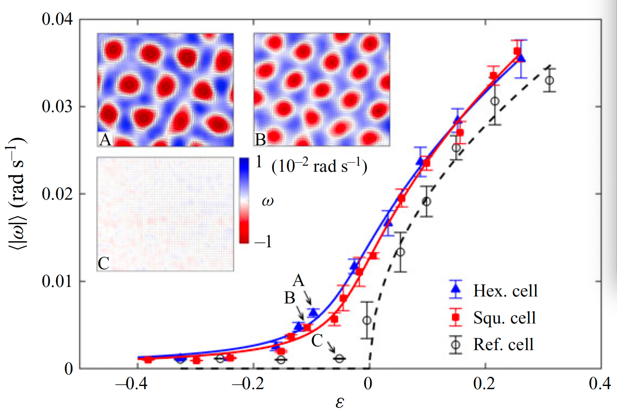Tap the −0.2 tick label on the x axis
pyautogui.click(x=248, y=383)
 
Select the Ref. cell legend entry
pyautogui.click(x=503, y=345)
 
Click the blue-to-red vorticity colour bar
pyautogui.click(x=244, y=200)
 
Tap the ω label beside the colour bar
pyautogui.click(x=268, y=201)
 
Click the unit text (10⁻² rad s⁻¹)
pyautogui.click(x=319, y=166)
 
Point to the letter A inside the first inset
pyautogui.click(x=105, y=140)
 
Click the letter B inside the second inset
pyautogui.click(x=260, y=140)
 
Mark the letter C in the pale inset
pyautogui.click(x=103, y=263)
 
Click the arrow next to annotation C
pyautogui.click(x=331, y=347)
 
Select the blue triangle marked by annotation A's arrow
pyautogui.click(x=313, y=312)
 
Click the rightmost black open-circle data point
pyautogui.click(x=550, y=80)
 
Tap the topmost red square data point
pyautogui.click(x=517, y=51)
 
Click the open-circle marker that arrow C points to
pyautogui.click(x=339, y=358)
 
